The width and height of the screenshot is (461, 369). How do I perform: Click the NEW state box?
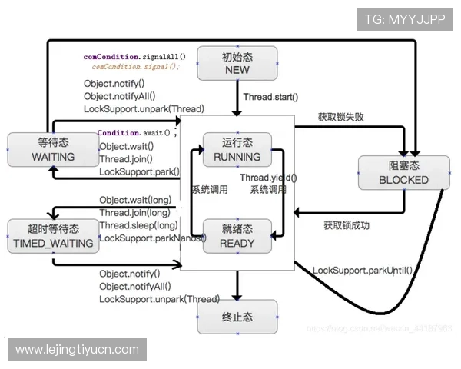[237, 63]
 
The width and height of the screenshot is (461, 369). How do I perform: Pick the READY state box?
[237, 236]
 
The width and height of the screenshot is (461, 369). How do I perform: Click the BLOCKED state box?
[403, 173]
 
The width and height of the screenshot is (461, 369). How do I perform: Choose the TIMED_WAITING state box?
[53, 237]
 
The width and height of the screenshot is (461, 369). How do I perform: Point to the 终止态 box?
[237, 317]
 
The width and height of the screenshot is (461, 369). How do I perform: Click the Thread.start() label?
[270, 98]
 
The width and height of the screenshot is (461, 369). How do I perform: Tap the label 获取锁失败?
[340, 118]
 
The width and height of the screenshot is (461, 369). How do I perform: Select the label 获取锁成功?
[346, 226]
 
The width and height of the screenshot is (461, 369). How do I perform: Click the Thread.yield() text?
[268, 178]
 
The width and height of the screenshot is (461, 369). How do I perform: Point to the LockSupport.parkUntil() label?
[362, 270]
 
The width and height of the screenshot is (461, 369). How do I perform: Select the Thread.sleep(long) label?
[138, 225]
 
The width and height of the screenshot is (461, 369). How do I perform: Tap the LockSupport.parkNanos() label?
[152, 238]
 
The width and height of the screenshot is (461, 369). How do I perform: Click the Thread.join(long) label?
[134, 213]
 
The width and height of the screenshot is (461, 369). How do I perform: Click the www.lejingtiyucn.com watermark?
[77, 350]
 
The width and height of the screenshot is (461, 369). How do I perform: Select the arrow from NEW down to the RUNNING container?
[237, 98]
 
